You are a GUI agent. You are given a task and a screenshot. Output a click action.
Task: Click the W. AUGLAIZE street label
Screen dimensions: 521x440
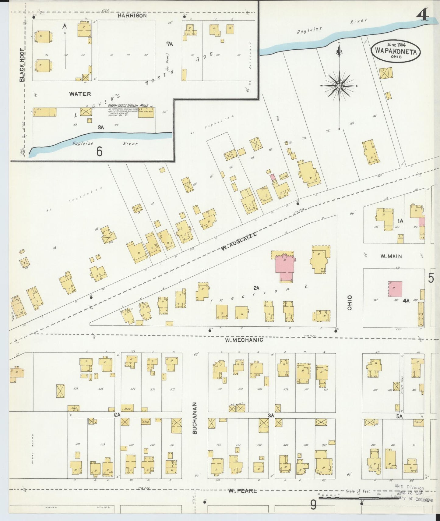(x=239, y=242)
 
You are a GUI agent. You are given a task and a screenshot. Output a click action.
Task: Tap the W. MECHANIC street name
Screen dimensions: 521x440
(x=244, y=339)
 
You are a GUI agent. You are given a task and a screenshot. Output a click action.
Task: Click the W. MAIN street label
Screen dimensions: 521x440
(x=391, y=256)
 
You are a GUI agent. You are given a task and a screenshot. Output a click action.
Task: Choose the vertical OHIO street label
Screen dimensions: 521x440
(x=350, y=303)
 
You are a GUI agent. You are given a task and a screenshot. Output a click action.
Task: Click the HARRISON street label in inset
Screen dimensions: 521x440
(x=132, y=16)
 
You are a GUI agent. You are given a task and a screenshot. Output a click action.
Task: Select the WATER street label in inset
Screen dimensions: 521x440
(x=80, y=94)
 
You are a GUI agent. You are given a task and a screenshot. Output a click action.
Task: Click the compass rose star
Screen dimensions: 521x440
(x=339, y=86)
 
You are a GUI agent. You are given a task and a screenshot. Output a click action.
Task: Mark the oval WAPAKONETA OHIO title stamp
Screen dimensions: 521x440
(x=396, y=51)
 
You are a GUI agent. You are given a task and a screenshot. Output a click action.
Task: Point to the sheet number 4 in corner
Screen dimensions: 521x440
(x=424, y=15)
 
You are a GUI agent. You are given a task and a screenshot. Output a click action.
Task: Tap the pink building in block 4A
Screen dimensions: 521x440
(x=395, y=289)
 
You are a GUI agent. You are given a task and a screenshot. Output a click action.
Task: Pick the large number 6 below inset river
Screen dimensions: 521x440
(x=99, y=151)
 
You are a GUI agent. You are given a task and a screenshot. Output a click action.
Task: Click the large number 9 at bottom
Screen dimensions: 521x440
(x=313, y=505)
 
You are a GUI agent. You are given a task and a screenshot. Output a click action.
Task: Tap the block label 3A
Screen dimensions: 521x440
(x=271, y=415)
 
